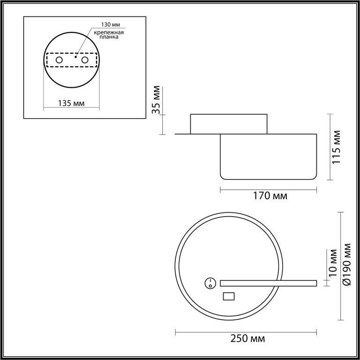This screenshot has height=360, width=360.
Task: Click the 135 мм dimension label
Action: [x=71, y=103]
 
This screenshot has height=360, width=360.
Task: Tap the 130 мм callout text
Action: [x=111, y=24]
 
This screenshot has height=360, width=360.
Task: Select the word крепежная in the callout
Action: [x=109, y=32]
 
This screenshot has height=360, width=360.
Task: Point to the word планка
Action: [x=109, y=37]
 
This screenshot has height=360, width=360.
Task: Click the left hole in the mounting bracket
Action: [x=59, y=60]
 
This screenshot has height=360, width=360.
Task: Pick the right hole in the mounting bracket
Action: [x=85, y=60]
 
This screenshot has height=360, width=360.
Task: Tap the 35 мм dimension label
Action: [x=157, y=100]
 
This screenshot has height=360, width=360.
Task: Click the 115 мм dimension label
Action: [x=337, y=147]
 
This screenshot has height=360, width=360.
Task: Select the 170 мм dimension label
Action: [x=270, y=196]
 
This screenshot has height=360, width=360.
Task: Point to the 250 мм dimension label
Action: [x=247, y=338]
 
